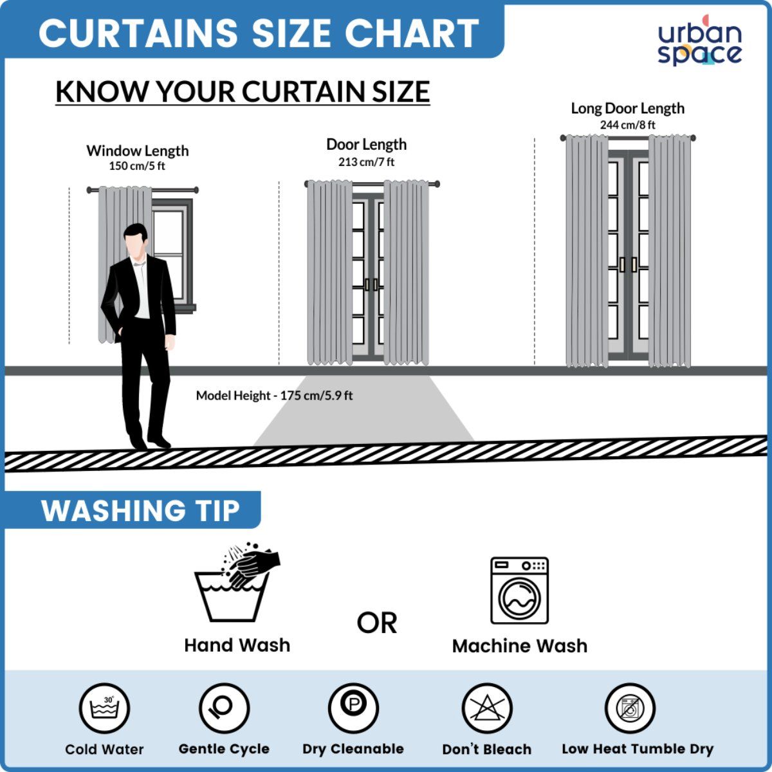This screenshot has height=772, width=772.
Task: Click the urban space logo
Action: [699, 41]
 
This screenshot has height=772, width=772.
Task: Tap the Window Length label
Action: [138, 151]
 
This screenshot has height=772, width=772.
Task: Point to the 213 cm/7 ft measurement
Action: [366, 162]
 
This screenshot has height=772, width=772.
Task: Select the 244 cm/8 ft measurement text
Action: [627, 125]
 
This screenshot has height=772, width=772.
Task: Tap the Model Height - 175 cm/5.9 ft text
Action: [274, 396]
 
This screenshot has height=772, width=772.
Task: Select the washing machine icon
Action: [520, 590]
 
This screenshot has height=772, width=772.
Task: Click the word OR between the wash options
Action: [376, 623]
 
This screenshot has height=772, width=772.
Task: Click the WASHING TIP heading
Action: [140, 511]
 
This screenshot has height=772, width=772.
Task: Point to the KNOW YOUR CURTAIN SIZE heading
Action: [243, 92]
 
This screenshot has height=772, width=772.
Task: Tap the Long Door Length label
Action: [627, 108]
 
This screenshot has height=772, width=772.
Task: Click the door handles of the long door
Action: [628, 264]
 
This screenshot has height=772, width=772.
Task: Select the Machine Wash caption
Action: [520, 646]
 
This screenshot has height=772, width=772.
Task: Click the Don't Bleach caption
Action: [487, 749]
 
